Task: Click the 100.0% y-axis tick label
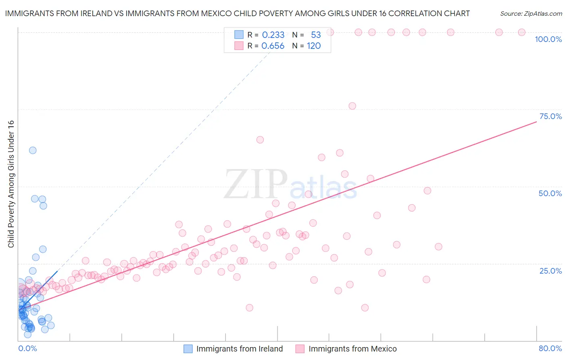tap(548, 39)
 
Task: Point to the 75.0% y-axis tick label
tap(550, 116)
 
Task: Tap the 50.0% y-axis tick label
tap(550, 193)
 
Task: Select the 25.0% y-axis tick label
tap(550, 271)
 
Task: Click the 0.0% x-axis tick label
tap(27, 348)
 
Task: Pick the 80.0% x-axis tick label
tap(550, 348)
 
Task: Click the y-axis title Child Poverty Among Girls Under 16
tap(11, 184)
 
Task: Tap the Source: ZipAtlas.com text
tap(531, 13)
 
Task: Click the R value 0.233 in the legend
tap(273, 35)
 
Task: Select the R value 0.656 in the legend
tap(273, 46)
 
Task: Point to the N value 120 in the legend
tap(314, 46)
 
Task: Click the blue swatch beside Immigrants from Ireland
tap(188, 349)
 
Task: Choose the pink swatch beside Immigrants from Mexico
tap(300, 349)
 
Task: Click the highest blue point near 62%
tap(33, 150)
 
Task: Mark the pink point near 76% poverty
tap(352, 106)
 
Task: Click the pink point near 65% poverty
tap(260, 140)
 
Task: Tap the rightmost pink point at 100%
tap(521, 32)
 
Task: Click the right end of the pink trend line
tap(536, 121)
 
